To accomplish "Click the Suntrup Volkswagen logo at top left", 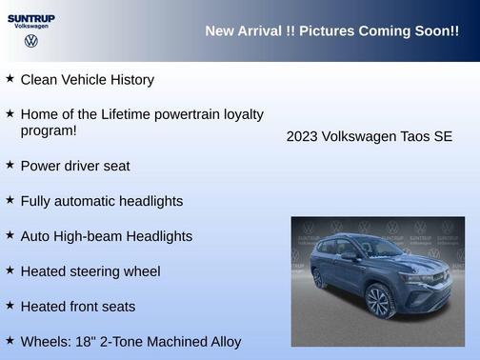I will click(30, 21).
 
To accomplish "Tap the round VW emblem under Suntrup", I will click(30, 41).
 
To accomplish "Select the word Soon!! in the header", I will click(436, 31).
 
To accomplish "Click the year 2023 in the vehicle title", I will click(303, 136).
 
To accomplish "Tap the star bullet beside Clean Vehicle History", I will click(10, 79).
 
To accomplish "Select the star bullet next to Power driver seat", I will click(10, 165).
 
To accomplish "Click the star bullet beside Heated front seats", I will click(10, 306).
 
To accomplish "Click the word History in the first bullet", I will click(129, 80).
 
